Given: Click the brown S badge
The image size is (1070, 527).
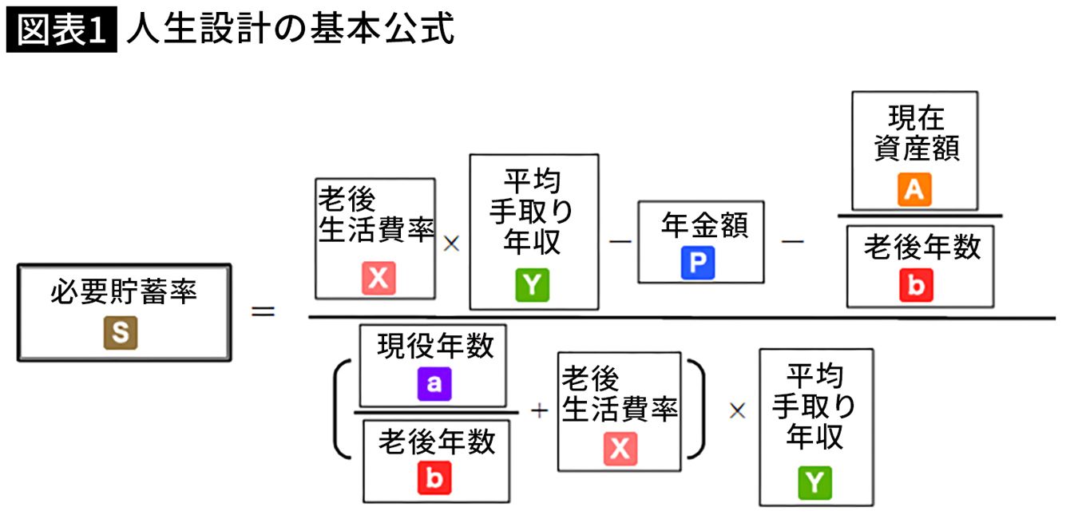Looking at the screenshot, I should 120,333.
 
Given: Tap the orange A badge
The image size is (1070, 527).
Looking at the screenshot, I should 914,190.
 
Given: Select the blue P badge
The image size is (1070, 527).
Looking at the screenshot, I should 698,263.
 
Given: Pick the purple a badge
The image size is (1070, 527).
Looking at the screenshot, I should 434,384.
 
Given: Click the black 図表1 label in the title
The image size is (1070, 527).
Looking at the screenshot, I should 61,30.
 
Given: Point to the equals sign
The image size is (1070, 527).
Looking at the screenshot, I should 264,311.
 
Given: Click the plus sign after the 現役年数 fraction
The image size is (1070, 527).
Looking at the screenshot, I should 540,411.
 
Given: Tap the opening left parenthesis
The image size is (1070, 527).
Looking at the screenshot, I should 341,409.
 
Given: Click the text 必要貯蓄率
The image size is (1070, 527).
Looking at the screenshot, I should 124,293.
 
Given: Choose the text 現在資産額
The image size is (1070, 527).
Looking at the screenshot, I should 916,133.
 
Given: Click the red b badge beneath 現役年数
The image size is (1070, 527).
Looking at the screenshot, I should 434,478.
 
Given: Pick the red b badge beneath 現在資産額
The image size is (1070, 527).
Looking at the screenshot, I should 916,285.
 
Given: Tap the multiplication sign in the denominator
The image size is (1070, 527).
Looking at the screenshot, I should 736,410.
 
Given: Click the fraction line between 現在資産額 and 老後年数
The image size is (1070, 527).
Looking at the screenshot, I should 919,216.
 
